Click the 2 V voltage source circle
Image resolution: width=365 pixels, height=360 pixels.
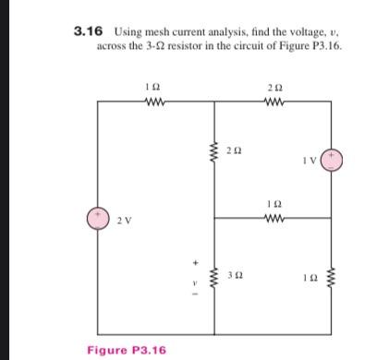pos(98,218)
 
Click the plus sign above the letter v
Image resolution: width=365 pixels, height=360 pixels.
pos(195,260)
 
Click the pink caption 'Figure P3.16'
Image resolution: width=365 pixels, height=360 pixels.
pos(126,350)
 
